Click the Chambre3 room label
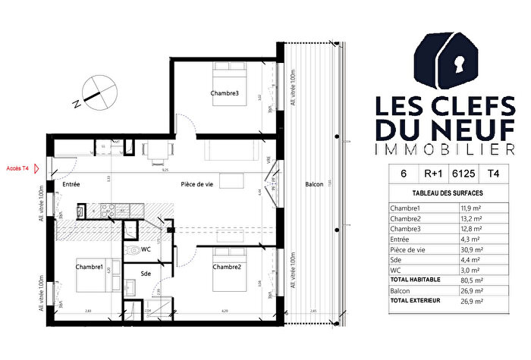pyautogui.click(x=225, y=93)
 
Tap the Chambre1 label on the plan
pyautogui.click(x=89, y=267)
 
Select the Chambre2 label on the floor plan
pyautogui.click(x=226, y=267)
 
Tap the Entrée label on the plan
pyautogui.click(x=73, y=185)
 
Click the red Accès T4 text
pyautogui.click(x=17, y=168)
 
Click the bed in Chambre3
pyautogui.click(x=226, y=75)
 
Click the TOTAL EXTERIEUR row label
pyautogui.click(x=416, y=300)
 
